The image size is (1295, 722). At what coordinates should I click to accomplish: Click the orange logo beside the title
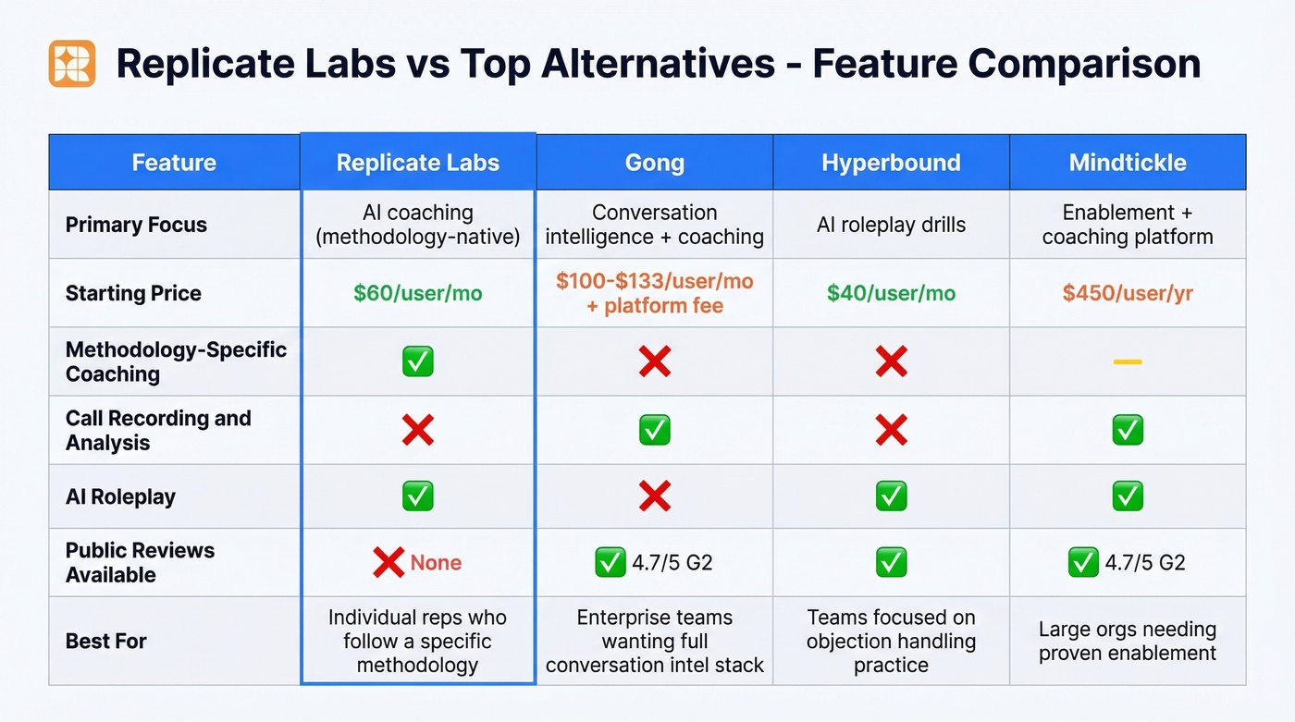coord(72,64)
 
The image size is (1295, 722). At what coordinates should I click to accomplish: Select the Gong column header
coord(654,163)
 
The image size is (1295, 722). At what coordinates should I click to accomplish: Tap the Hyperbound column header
coord(891,163)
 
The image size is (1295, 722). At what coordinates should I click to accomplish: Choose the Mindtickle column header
coord(1128,163)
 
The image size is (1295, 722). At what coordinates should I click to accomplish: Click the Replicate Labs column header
coord(418,163)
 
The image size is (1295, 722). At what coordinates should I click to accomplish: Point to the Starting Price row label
coord(133,293)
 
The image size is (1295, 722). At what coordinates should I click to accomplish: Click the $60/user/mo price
coord(418,293)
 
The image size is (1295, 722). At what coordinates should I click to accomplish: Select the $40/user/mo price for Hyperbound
coord(891,293)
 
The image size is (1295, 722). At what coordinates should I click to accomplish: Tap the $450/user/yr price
coord(1128,293)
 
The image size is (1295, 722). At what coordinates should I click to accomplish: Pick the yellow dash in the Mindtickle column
coord(1128,361)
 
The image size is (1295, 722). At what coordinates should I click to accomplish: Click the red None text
coord(436,562)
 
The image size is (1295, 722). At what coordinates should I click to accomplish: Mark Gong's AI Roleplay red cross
coord(654,496)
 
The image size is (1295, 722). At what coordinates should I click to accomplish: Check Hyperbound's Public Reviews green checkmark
coord(891,562)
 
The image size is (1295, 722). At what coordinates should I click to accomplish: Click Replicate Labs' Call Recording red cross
coord(418,430)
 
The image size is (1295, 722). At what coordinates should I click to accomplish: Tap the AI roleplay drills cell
coord(891,225)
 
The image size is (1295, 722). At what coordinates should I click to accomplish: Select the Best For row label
coord(106,641)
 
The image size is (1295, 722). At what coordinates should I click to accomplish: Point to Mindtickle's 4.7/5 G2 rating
coord(1144,562)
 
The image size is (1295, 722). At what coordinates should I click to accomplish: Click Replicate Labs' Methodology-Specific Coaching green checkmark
coord(418,361)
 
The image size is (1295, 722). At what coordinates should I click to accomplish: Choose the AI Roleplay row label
coord(120,496)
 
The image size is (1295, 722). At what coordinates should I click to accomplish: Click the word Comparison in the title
coord(1084,64)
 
